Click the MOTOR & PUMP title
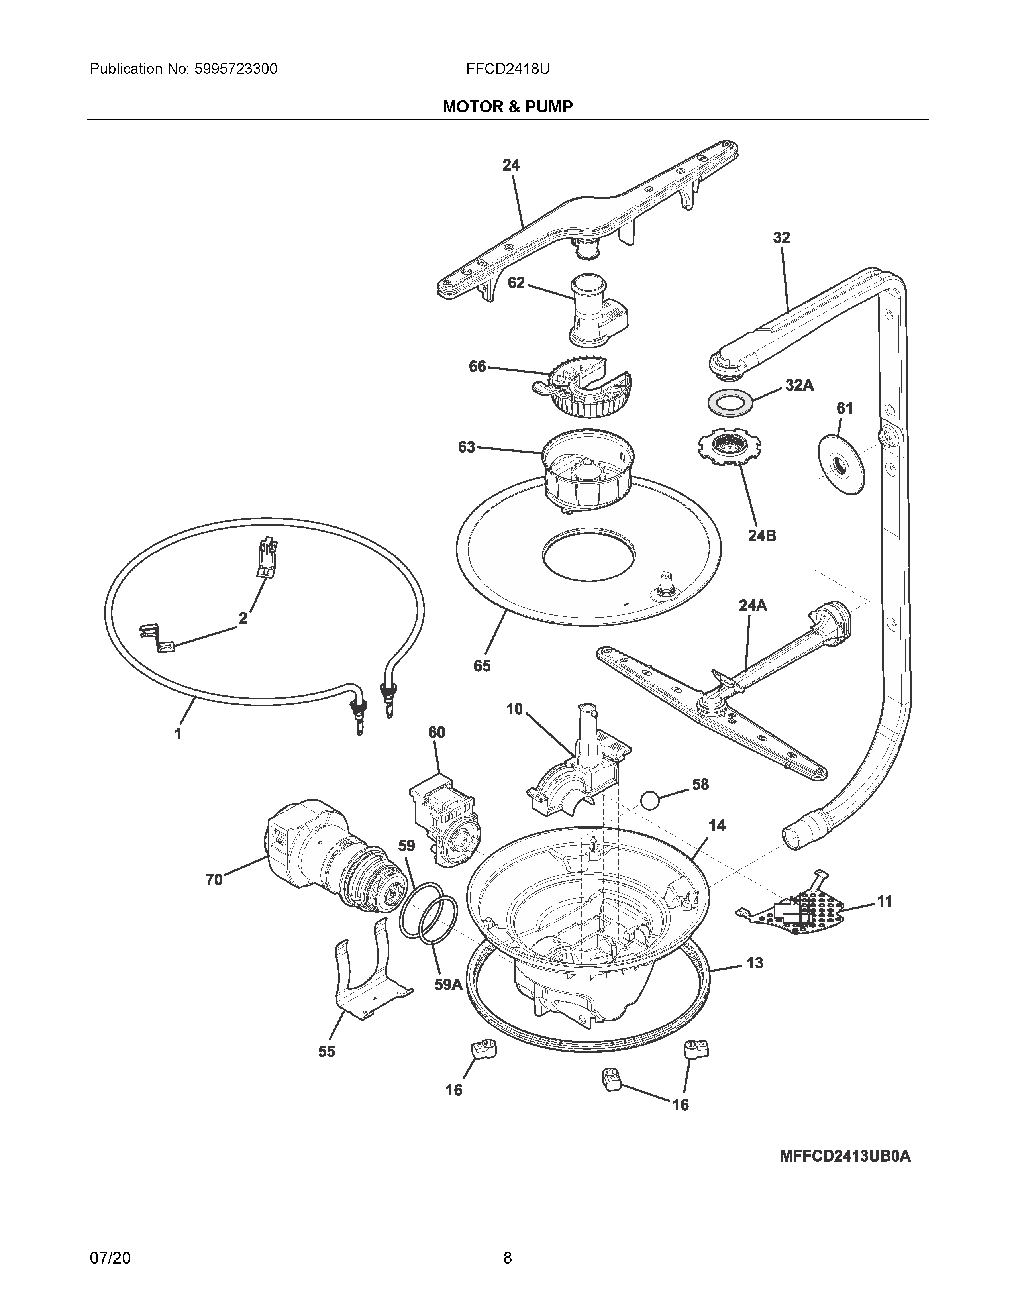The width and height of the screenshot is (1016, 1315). point(507,107)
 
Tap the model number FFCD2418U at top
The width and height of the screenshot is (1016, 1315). point(507,69)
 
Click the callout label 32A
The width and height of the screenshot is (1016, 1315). point(799,385)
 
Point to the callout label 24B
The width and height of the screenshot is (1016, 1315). point(761,535)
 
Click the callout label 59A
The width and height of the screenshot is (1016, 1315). point(448,985)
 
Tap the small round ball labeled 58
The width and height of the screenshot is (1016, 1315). point(651,801)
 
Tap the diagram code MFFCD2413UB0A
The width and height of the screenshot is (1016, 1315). point(845,1157)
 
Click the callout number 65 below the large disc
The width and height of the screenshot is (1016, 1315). point(482,666)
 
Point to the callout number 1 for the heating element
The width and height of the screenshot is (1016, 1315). point(178,734)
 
